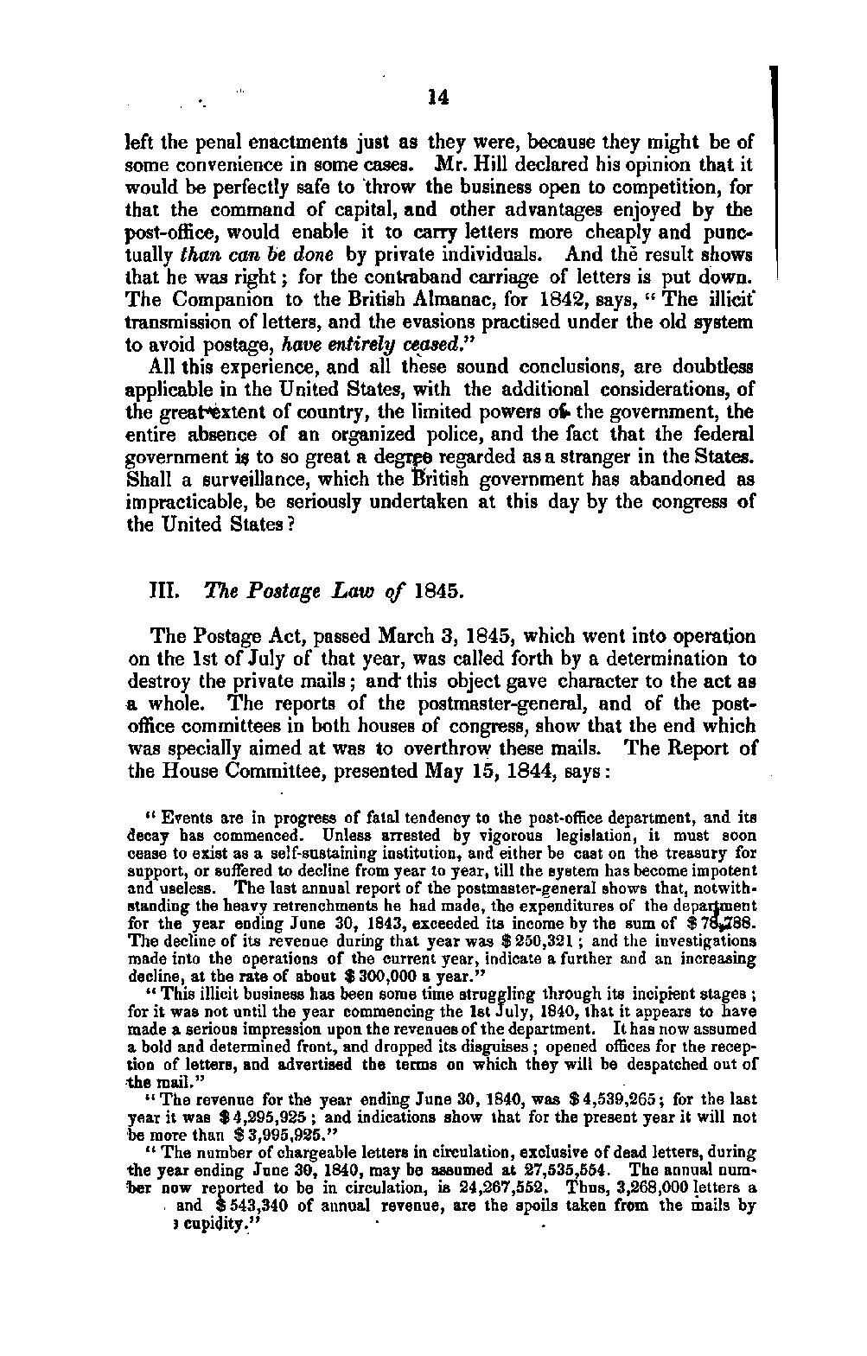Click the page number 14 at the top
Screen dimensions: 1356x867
pyautogui.click(x=439, y=98)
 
